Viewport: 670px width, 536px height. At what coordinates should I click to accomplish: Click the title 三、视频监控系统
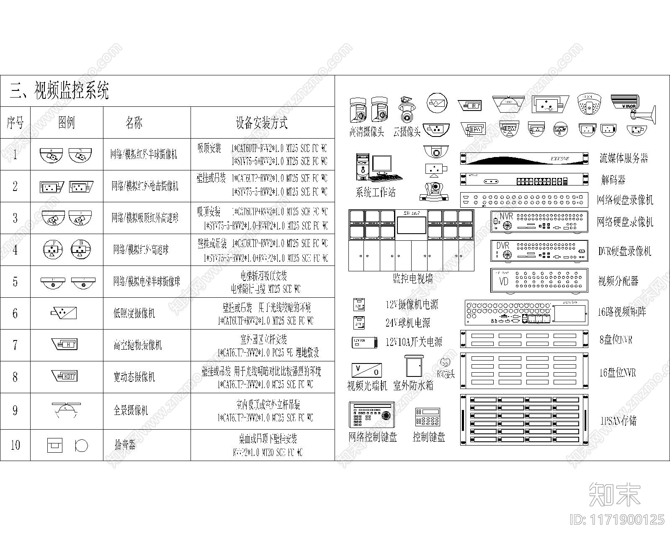click(x=59, y=91)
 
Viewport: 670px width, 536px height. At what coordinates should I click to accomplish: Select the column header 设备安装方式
click(x=261, y=123)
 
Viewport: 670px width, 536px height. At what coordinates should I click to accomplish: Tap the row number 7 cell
click(x=15, y=345)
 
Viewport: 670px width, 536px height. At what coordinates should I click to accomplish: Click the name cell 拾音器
click(x=125, y=445)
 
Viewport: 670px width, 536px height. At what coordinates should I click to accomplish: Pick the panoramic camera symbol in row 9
click(x=66, y=410)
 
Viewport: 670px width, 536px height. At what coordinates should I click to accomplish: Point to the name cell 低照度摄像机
click(x=134, y=313)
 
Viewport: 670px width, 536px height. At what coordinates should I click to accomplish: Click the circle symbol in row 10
click(x=81, y=446)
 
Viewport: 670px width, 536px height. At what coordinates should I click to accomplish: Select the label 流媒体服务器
click(x=624, y=158)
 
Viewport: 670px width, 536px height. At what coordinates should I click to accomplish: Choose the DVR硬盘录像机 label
click(x=625, y=251)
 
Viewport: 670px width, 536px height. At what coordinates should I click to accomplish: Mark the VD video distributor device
click(x=539, y=280)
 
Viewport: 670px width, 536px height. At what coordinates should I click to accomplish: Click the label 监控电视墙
click(x=412, y=279)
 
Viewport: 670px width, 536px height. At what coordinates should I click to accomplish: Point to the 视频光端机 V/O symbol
click(x=366, y=370)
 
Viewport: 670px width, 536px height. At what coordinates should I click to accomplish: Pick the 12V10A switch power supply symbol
click(x=364, y=342)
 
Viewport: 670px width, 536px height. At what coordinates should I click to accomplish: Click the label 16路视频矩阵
click(x=621, y=312)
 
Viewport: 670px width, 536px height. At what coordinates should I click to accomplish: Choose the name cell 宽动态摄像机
click(x=134, y=377)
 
